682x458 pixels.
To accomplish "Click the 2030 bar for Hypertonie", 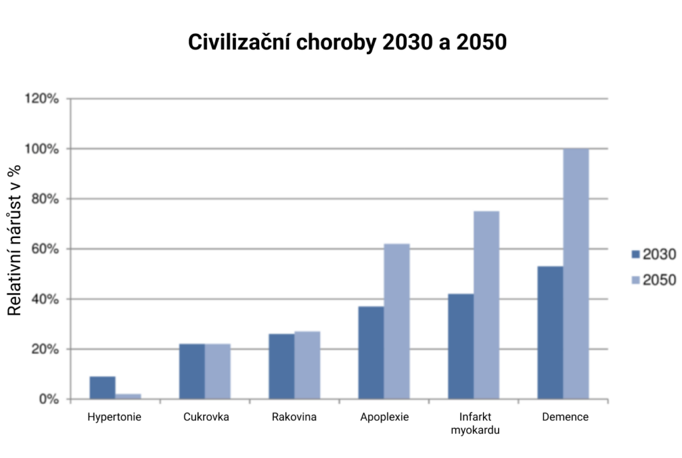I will (x=103, y=388).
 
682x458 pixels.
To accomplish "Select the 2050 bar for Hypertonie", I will (x=128, y=397).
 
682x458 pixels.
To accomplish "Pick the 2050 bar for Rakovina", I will (x=307, y=365).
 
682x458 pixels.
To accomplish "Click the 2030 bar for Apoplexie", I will (x=371, y=353).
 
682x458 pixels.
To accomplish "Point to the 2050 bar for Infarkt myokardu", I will (x=486, y=305).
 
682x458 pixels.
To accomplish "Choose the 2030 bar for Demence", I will (x=550, y=333).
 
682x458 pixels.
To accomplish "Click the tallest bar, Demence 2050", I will (x=576, y=274).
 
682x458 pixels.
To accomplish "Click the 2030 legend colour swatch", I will (x=635, y=254).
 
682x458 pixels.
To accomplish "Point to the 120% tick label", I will (x=42, y=99).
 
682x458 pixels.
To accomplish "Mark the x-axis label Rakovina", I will (x=294, y=417).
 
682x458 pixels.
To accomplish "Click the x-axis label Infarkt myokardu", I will (x=475, y=423).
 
